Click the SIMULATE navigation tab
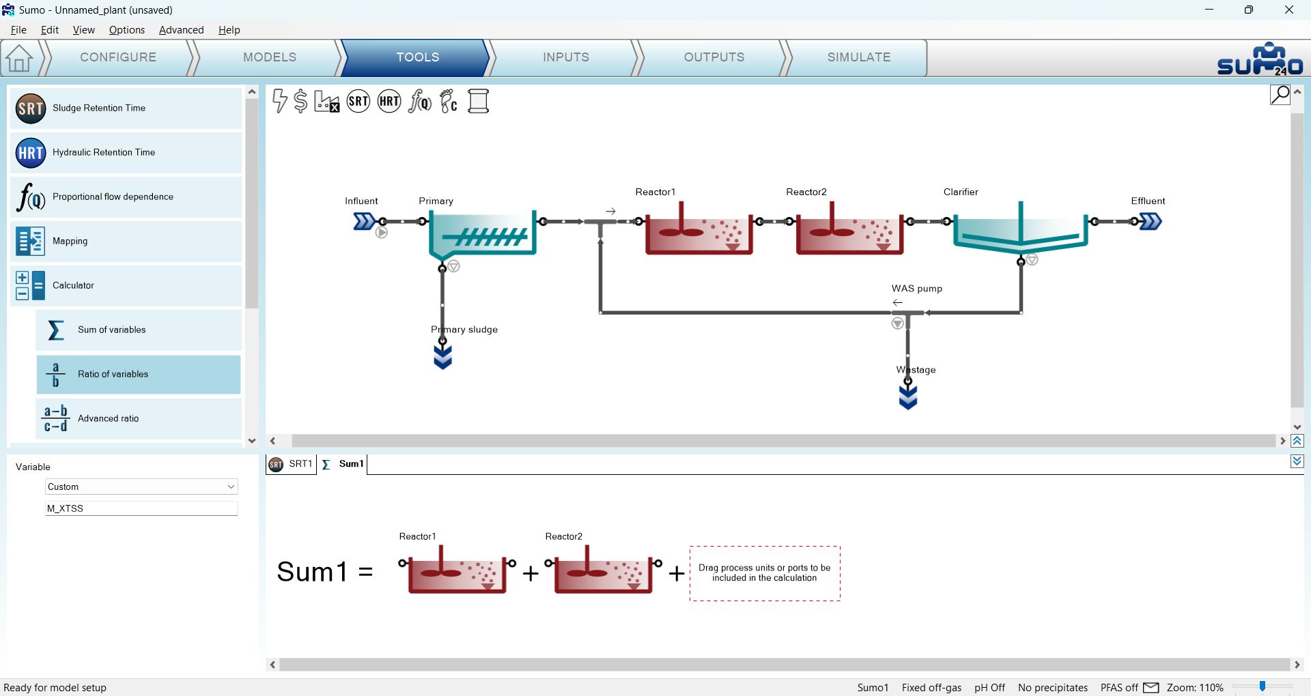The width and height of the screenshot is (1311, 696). [858, 57]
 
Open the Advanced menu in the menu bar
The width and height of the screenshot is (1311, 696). [181, 30]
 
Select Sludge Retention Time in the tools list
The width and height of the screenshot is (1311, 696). [126, 108]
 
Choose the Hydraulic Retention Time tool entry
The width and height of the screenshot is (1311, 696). [126, 152]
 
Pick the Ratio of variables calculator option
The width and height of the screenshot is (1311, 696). [139, 374]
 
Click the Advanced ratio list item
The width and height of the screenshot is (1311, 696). [139, 418]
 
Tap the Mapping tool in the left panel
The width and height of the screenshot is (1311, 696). [126, 241]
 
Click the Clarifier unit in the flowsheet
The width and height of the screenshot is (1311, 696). [1020, 229]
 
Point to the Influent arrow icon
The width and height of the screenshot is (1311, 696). [364, 221]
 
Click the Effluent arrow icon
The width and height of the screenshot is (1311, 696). [1151, 221]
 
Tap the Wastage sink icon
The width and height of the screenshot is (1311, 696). [908, 396]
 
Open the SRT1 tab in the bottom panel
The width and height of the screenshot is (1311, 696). [292, 464]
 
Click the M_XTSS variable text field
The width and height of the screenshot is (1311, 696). [141, 508]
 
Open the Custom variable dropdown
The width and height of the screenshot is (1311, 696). [141, 487]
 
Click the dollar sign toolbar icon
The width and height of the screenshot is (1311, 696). [300, 101]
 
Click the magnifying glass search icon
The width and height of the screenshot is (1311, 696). [1280, 94]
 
